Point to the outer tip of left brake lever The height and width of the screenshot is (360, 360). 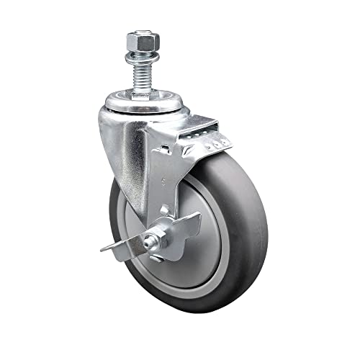pyautogui.click(x=102, y=250)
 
